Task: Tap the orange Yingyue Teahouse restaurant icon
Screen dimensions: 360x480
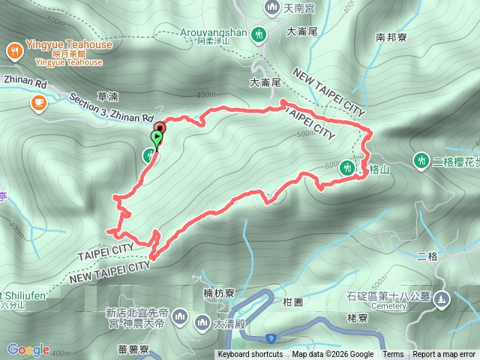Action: (x=15, y=50)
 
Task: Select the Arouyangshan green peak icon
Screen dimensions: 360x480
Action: (x=259, y=34)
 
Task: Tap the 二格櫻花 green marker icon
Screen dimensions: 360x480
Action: (x=421, y=160)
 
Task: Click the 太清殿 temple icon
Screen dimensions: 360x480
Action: (x=201, y=323)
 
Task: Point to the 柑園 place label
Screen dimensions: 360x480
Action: (x=292, y=302)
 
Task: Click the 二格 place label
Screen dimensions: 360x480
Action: (x=427, y=256)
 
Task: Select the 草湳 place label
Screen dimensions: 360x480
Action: (x=108, y=96)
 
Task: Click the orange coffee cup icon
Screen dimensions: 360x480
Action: (x=38, y=103)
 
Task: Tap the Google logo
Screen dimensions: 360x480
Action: (x=28, y=349)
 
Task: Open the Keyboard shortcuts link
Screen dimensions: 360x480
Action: (x=250, y=355)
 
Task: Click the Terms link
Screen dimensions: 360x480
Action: (x=393, y=355)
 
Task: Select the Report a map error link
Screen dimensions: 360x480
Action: (x=444, y=355)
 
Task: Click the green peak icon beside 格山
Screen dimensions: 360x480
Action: (x=347, y=168)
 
